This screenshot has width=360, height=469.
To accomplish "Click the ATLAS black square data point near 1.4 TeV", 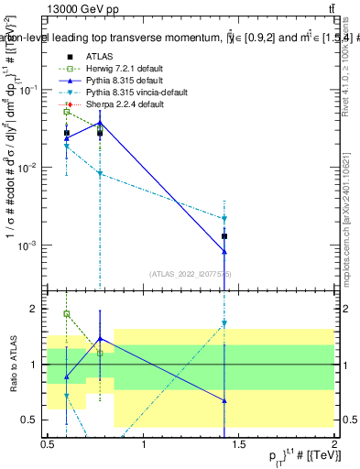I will click(x=224, y=236).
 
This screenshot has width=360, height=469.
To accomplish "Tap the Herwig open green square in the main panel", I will click(x=67, y=112).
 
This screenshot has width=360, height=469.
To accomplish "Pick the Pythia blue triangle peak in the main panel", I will click(x=100, y=122).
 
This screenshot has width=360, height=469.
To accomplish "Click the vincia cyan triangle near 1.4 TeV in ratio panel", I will click(x=224, y=323).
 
